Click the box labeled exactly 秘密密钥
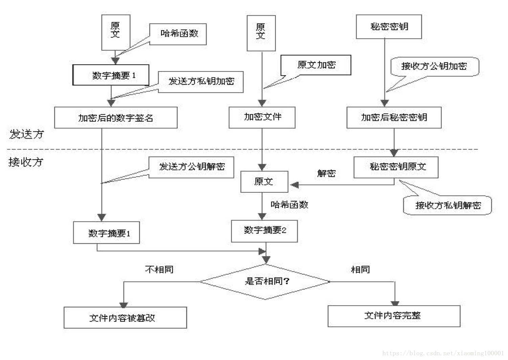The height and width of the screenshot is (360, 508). [x=389, y=27]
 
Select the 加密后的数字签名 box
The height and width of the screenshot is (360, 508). [x=116, y=118]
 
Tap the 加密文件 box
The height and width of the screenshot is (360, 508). [x=262, y=117]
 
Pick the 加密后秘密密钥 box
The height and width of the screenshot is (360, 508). [x=394, y=118]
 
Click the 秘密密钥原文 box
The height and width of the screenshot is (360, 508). [x=396, y=167]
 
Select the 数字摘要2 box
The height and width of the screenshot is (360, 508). [x=264, y=231]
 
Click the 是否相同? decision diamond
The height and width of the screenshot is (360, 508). [x=265, y=281]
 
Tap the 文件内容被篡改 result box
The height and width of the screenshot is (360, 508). [x=125, y=318]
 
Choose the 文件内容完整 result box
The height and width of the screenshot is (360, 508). [x=394, y=316]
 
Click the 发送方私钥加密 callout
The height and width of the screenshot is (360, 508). [x=201, y=82]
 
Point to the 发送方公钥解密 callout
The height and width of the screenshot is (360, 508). [x=192, y=167]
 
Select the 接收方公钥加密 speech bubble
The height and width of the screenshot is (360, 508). [x=435, y=66]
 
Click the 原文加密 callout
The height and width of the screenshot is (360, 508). [x=316, y=65]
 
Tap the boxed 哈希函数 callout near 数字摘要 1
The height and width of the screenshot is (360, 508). [x=178, y=34]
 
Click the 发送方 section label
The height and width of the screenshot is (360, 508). [x=26, y=134]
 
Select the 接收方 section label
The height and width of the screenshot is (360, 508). [x=26, y=162]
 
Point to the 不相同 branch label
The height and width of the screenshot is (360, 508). [x=159, y=270]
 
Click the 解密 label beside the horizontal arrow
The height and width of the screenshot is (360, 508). [x=326, y=173]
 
